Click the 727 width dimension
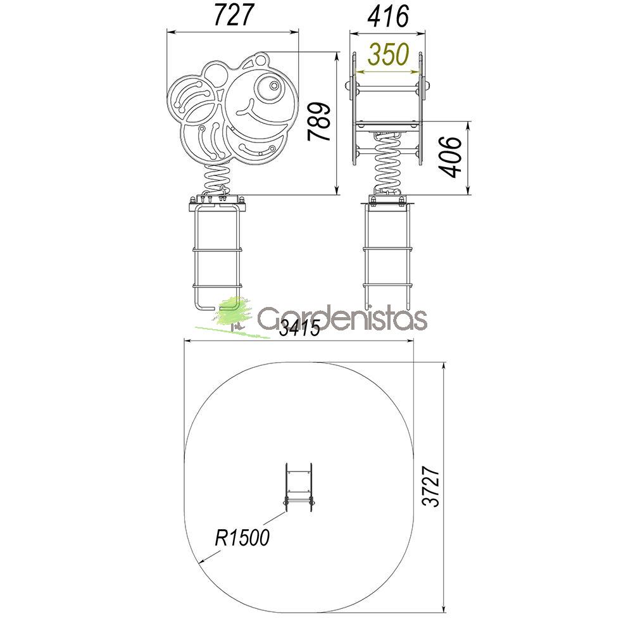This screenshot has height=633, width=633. tap(234, 15)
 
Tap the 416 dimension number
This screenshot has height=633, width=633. tap(388, 16)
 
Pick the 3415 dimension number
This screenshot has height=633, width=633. tap(299, 327)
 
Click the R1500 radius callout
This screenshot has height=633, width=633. tap(242, 537)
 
